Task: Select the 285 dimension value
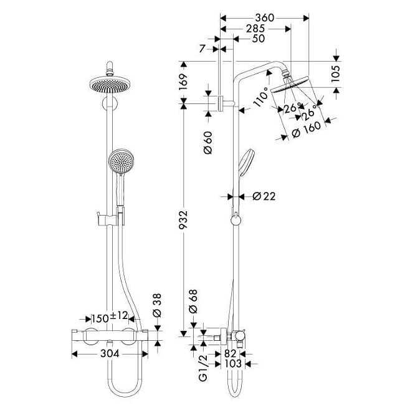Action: tap(255, 28)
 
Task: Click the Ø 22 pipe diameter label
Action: tap(264, 196)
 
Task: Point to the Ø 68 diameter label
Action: tap(193, 302)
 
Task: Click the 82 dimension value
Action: tap(231, 353)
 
